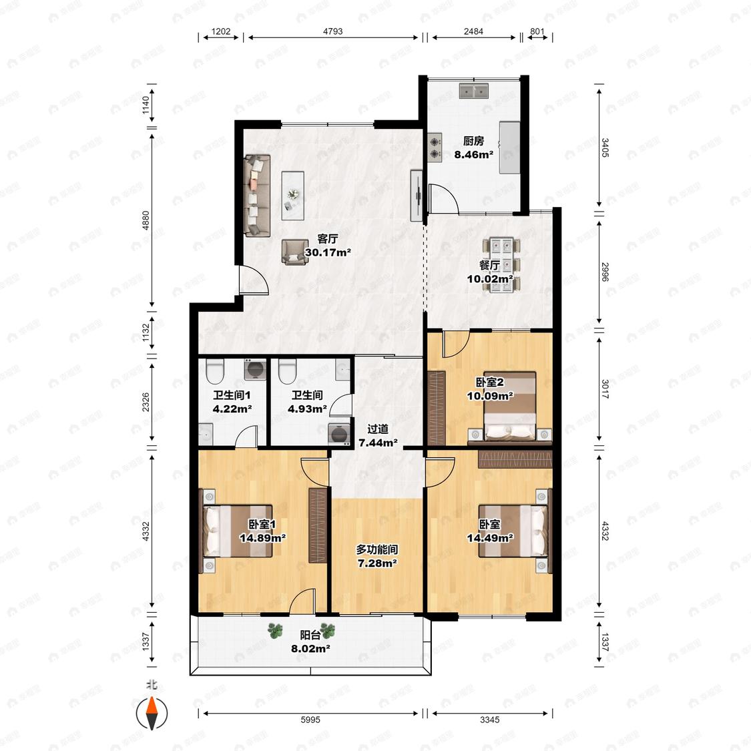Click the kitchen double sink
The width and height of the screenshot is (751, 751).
click(474, 91)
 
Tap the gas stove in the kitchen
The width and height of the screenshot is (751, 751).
click(435, 147)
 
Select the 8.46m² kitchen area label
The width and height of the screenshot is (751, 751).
click(474, 155)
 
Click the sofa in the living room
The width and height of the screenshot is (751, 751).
click(257, 195)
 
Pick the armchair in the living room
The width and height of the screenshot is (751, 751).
click(294, 252)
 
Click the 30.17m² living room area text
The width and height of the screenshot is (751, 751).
click(328, 252)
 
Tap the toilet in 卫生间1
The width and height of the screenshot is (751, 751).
click(215, 371)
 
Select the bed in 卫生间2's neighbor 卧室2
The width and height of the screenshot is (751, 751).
click(509, 406)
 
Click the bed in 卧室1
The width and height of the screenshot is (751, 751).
click(238, 531)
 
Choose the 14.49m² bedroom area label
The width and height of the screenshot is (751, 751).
click(490, 538)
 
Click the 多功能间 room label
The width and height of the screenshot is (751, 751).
click(377, 549)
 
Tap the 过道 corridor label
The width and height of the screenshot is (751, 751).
click(377, 429)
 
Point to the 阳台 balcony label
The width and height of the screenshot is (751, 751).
click(310, 635)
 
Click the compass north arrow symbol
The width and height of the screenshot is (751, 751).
click(152, 714)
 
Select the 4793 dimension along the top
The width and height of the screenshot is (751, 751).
click(333, 31)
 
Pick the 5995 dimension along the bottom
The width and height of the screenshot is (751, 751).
click(310, 720)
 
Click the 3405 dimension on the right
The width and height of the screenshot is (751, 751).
click(605, 148)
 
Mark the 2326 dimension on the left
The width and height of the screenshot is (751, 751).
click(146, 403)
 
